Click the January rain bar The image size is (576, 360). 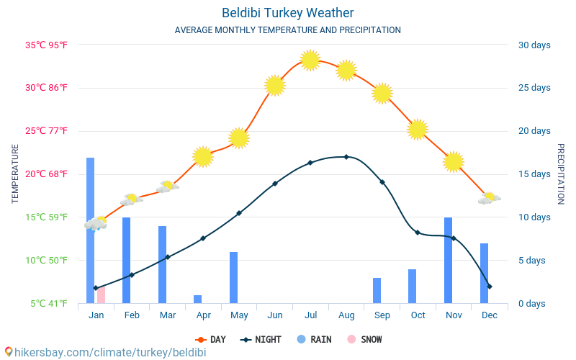coord(91,230)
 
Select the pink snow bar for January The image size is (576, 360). coord(101,295)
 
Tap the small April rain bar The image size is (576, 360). coord(197,299)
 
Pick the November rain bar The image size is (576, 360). coord(448,260)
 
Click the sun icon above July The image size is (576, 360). coord(310,60)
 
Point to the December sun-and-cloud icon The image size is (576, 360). coord(489,198)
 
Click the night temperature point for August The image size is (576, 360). coord(346,156)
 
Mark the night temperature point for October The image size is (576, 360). coord(418,233)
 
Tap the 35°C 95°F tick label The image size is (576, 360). coord(47,45)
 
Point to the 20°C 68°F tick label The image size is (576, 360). coord(47,174)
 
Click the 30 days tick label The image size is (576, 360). coord(534,45)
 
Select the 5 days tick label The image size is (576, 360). coord(534,260)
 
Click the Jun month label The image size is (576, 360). coord(274,315)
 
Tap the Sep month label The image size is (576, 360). coord(382,315)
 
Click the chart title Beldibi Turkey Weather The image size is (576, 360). coord(288,13)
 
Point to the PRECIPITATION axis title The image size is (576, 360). coord(561,174)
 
